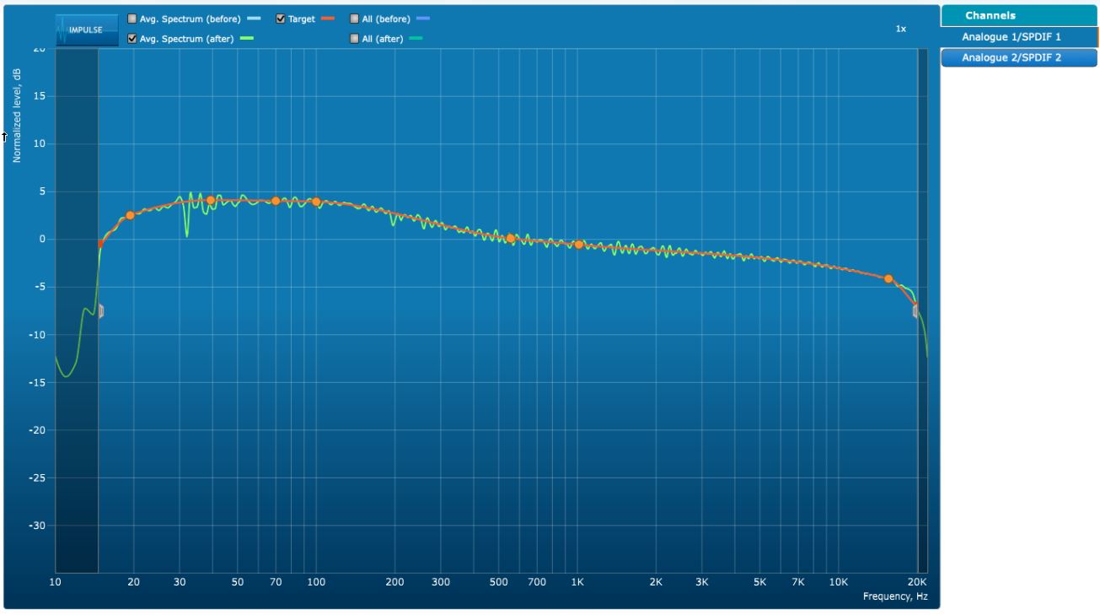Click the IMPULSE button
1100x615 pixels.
coord(86,30)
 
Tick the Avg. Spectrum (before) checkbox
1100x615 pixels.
coord(132,19)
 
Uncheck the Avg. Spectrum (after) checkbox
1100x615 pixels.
coord(132,39)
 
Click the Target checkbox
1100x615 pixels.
coord(281,19)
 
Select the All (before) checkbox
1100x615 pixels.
coord(355,19)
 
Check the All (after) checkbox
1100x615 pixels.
coord(355,39)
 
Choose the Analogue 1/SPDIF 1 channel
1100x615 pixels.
coord(1011,37)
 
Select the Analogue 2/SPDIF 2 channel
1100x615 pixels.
coord(1011,57)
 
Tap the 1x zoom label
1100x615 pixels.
coord(901,29)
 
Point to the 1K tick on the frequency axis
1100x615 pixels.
coord(577,582)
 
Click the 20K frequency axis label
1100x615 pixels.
coord(917,582)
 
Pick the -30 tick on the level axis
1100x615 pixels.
coord(40,526)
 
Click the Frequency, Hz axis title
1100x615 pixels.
coord(895,596)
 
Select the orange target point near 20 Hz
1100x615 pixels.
coord(130,215)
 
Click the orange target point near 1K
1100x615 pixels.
coord(578,245)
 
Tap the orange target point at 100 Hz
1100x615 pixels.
coord(316,202)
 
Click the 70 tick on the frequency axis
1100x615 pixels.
coord(276,582)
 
